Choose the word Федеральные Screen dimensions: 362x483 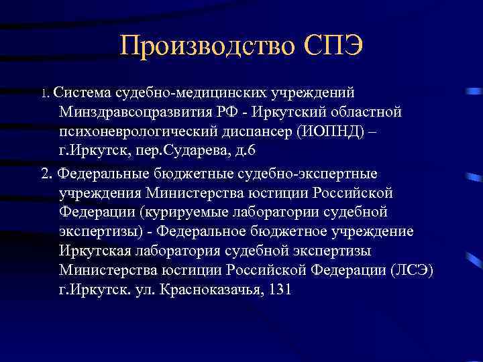(100, 174)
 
